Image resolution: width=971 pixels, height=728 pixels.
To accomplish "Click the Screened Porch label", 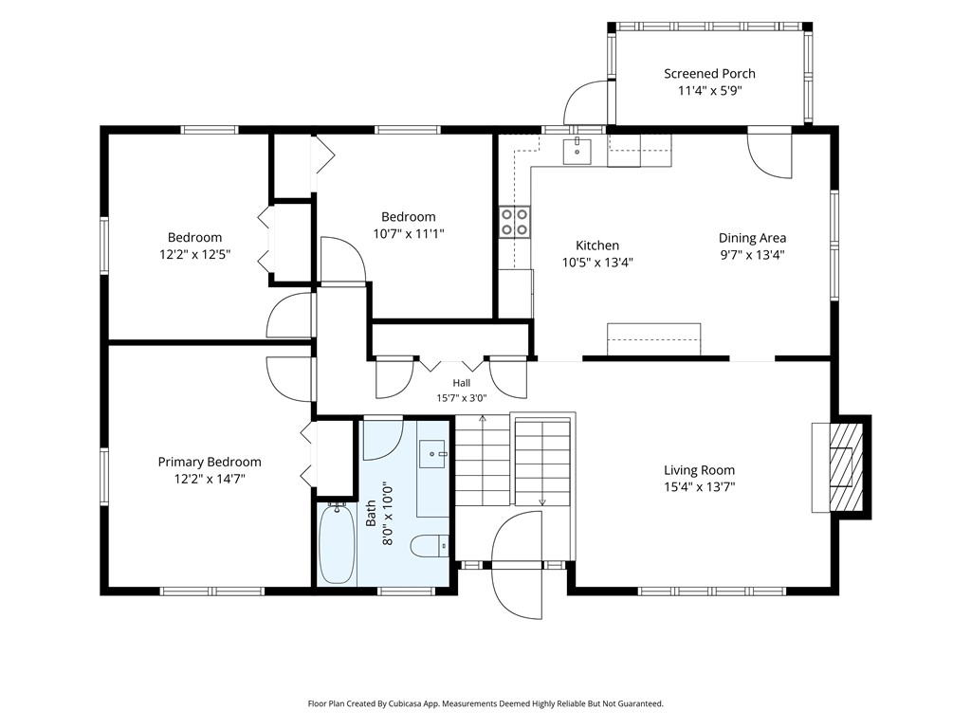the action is (x=709, y=74).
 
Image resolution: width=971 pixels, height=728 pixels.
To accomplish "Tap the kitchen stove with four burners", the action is (x=515, y=222).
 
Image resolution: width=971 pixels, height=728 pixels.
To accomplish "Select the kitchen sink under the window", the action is (x=577, y=152).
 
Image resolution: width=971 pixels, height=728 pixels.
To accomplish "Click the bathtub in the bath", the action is (x=337, y=543).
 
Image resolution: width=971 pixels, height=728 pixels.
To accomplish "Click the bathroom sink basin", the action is (x=432, y=454).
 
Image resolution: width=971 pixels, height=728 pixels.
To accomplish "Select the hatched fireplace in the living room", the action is (x=846, y=467).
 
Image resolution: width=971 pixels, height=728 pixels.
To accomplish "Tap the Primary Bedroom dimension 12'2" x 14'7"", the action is (x=210, y=479).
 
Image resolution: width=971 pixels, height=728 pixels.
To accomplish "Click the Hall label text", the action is (x=462, y=383).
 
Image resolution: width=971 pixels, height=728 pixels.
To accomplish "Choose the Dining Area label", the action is (x=752, y=238).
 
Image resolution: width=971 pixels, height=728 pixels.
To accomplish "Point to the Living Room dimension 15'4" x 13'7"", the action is (x=700, y=486).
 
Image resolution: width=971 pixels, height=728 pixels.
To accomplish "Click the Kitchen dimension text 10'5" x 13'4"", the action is (x=597, y=263).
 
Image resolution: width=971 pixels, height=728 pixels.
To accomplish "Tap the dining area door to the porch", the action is (x=770, y=154).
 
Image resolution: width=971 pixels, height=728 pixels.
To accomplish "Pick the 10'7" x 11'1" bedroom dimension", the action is (x=409, y=233).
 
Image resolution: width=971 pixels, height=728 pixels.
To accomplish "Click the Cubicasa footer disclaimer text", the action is (x=485, y=704).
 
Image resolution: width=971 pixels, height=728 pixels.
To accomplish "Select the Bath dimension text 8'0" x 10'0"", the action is (x=388, y=513).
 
